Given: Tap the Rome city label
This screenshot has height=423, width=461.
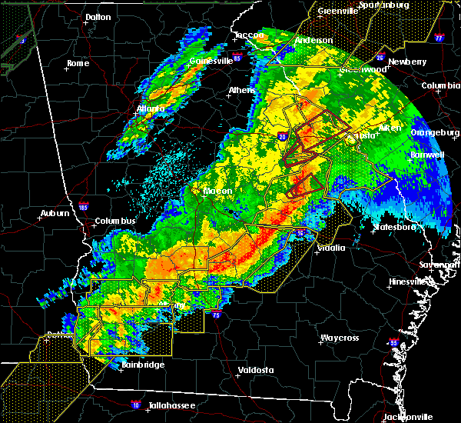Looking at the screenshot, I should tap(78, 63).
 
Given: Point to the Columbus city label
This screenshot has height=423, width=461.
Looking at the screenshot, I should tap(115, 221).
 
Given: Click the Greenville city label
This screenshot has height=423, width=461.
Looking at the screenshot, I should tap(339, 11).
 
